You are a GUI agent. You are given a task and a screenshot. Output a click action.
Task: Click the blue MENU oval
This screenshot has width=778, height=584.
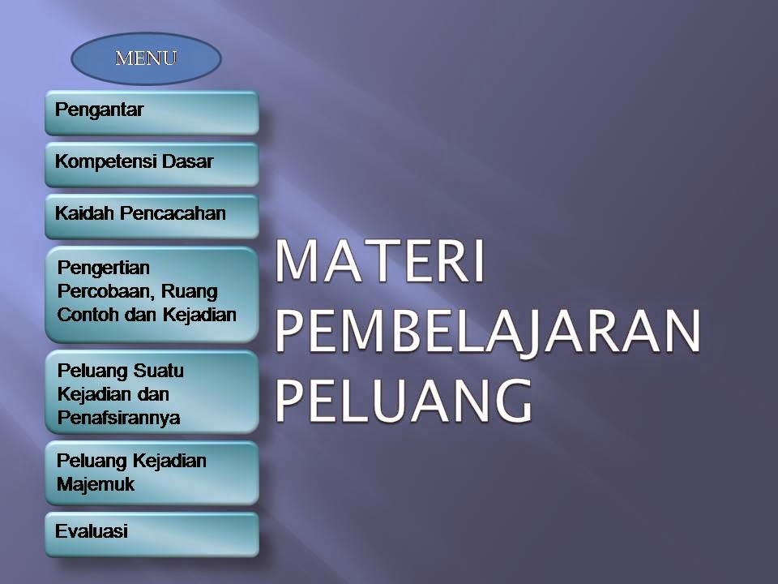tap(147, 58)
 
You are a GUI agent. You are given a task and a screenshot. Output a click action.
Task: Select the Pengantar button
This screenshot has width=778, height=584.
tap(152, 113)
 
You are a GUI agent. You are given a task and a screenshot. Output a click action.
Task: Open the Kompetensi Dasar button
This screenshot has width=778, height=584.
tap(152, 165)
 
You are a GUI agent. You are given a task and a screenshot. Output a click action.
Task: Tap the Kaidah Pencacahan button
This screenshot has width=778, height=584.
tap(152, 217)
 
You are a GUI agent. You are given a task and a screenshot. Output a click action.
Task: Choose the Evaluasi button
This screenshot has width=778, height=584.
tap(152, 535)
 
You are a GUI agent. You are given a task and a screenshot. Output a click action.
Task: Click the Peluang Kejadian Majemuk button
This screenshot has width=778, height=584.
tap(152, 473)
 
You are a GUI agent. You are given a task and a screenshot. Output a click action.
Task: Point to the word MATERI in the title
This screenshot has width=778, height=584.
tap(379, 261)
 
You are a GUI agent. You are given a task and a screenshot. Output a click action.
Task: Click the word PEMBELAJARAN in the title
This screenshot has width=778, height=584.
tap(487, 331)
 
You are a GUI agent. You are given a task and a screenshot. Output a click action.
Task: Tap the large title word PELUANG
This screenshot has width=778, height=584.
tap(404, 401)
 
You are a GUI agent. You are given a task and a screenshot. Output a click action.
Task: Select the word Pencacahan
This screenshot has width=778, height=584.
tap(173, 213)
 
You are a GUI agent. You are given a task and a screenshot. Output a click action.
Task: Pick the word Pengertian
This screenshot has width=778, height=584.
tap(104, 268)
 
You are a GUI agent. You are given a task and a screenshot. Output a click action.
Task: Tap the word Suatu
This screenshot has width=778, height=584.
tap(158, 371)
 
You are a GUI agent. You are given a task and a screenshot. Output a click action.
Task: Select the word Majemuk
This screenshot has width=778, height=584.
tap(96, 484)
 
